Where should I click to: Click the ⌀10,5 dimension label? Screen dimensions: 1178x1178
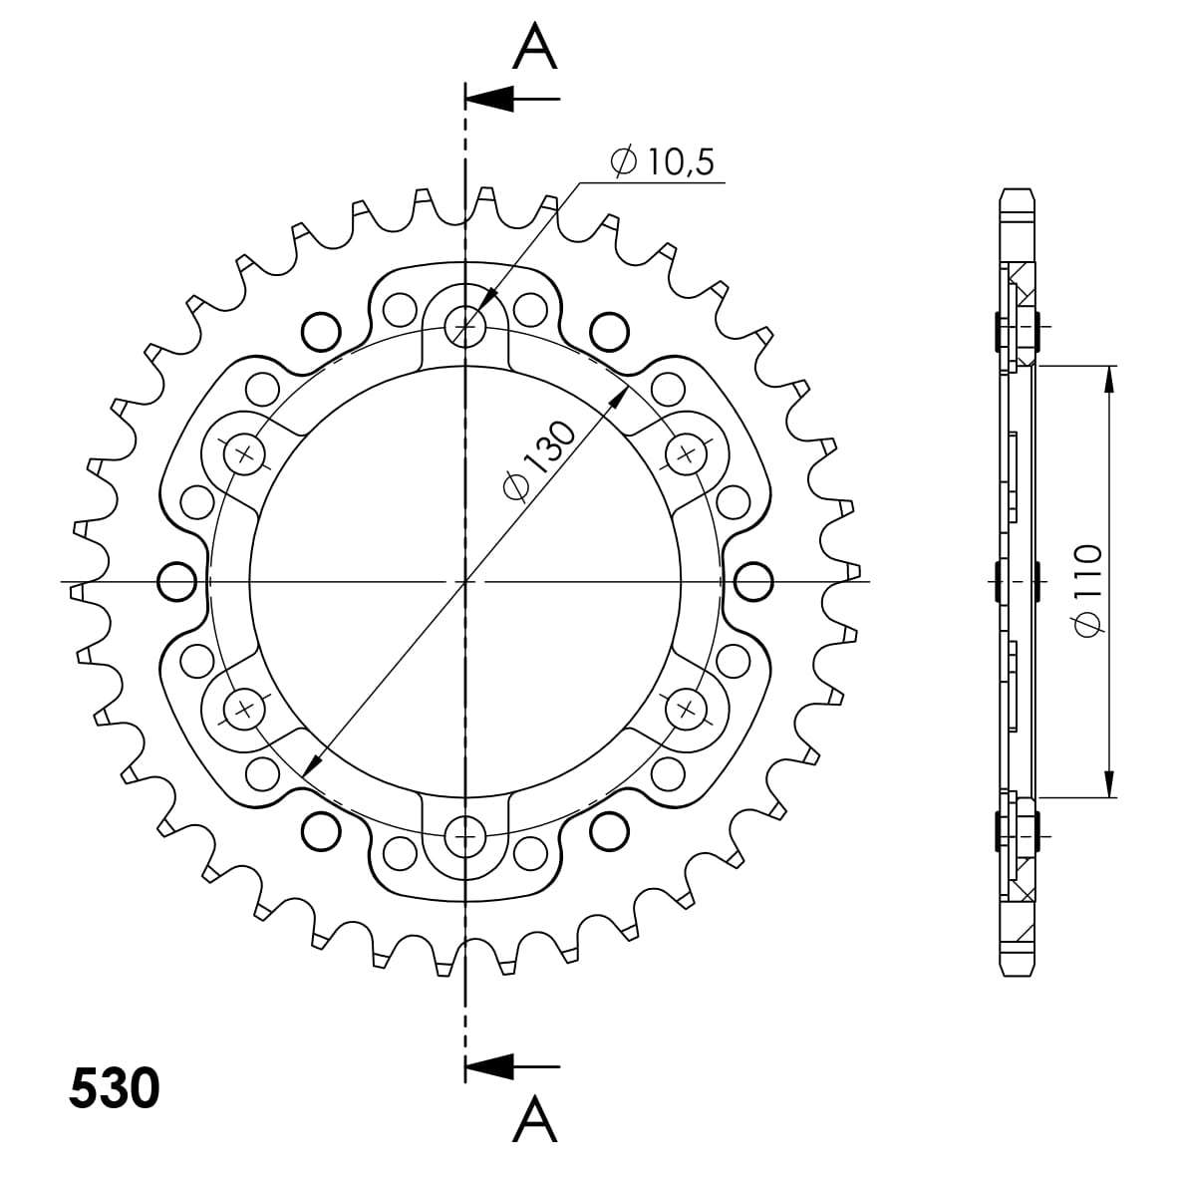(x=663, y=160)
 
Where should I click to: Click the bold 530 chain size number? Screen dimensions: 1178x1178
(x=115, y=1088)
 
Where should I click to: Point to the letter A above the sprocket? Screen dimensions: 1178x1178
(x=535, y=46)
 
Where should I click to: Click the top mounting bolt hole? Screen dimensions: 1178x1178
(x=465, y=327)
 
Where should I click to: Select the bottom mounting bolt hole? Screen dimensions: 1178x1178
(x=465, y=836)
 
